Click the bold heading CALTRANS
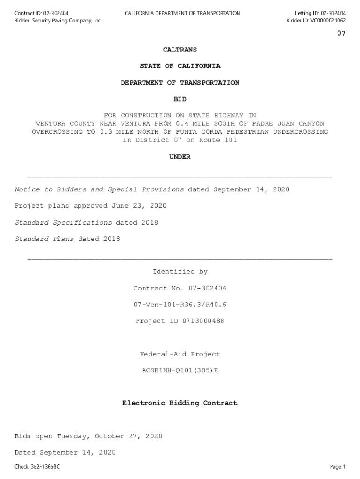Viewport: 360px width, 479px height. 180,50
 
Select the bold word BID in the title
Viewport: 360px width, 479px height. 180,99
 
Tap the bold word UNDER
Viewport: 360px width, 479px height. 180,157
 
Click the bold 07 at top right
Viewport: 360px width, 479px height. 341,34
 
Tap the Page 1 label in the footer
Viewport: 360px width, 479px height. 338,467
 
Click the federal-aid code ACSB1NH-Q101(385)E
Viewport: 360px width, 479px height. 180,370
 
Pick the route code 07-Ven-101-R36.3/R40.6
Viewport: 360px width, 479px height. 180,305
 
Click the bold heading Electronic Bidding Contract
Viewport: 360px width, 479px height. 180,403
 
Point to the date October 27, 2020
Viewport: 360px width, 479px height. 129,436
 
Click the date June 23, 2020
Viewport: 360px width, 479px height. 139,206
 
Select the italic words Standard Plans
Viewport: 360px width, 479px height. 44,239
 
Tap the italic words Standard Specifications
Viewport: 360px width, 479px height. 63,223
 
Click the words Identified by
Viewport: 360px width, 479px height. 180,272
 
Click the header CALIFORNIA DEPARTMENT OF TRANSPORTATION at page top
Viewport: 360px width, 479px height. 182,13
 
